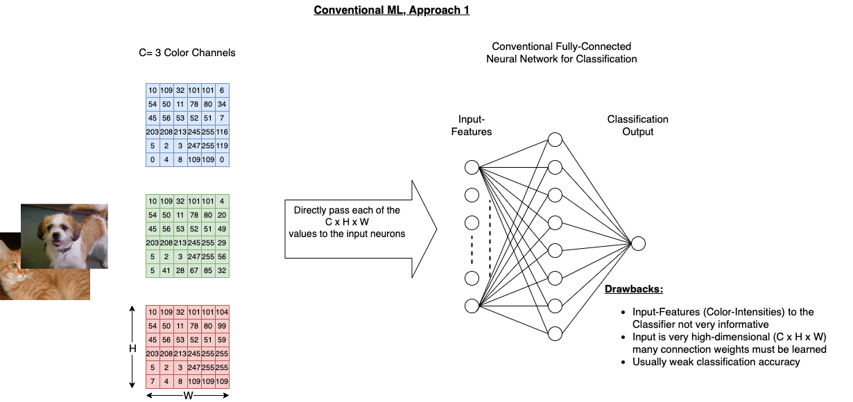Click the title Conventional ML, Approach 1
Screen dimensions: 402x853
[x=391, y=10]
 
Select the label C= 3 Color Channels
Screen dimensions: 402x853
[x=187, y=53]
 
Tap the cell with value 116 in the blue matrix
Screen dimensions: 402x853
[x=222, y=132]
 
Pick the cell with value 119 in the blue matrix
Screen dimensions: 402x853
[x=222, y=146]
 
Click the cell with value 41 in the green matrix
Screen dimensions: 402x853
[x=166, y=270]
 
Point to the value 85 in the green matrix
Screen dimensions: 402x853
[x=208, y=270]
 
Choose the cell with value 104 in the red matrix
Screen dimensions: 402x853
[x=222, y=312]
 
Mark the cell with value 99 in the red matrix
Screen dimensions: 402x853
[x=222, y=326]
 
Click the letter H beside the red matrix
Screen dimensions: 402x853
[x=132, y=349]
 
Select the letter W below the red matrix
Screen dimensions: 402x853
[x=187, y=396]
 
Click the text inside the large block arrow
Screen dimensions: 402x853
[x=347, y=222]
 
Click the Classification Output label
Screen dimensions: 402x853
[x=637, y=125]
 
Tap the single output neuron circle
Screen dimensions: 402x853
[x=638, y=243]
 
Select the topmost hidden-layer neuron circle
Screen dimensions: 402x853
[x=555, y=139]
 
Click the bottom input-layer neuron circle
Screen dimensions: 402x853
[x=472, y=306]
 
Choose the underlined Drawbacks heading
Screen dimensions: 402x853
[x=634, y=289]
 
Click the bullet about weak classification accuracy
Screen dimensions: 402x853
[x=716, y=362]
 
